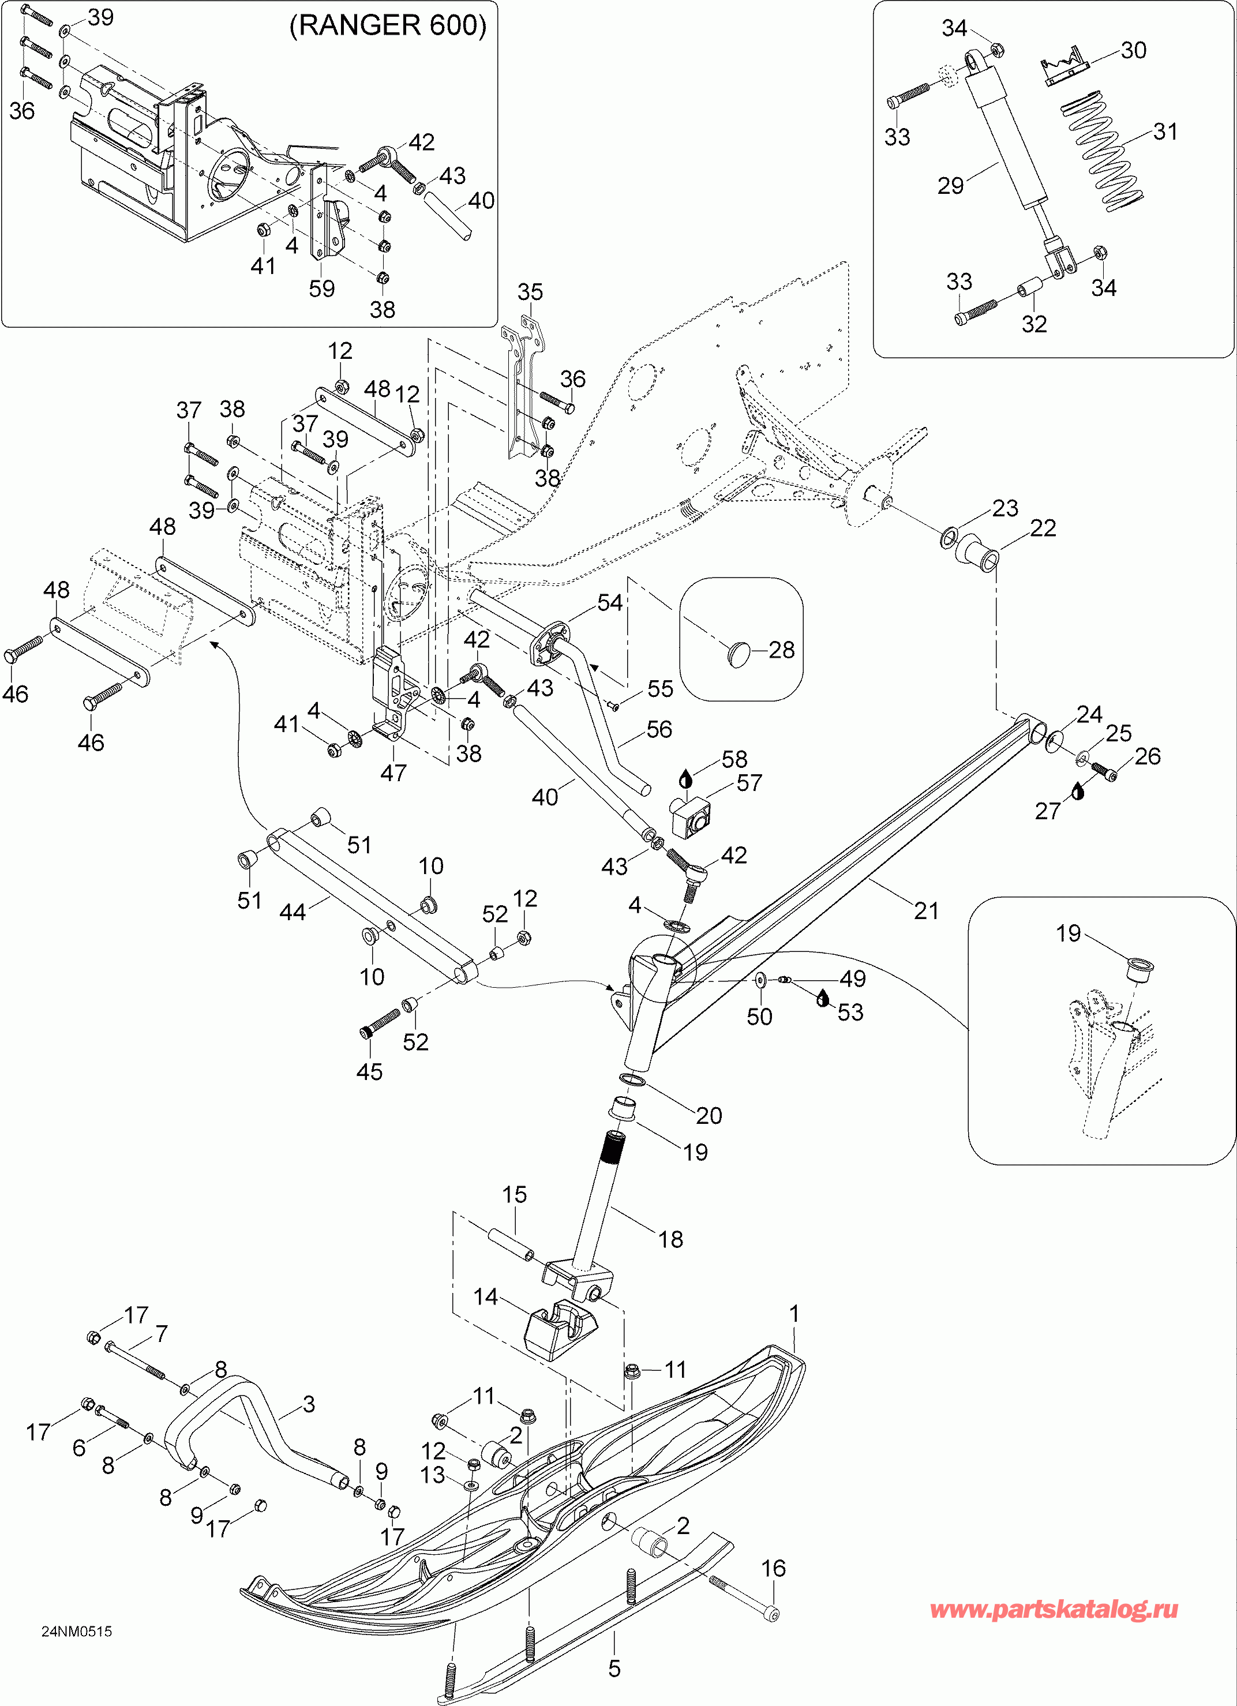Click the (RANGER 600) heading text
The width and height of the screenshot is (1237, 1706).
click(388, 25)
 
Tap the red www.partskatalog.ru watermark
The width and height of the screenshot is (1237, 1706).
click(1054, 1609)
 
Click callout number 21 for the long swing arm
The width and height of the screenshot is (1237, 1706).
click(926, 911)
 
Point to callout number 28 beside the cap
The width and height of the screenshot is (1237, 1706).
click(782, 649)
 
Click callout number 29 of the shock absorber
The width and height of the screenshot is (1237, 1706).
click(950, 185)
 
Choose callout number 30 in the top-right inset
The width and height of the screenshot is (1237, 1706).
click(1133, 50)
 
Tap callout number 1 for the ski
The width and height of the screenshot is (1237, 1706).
click(794, 1314)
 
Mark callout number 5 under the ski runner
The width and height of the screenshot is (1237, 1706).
click(614, 1668)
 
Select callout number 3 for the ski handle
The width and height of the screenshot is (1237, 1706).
click(309, 1404)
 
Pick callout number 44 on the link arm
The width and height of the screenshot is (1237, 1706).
click(293, 912)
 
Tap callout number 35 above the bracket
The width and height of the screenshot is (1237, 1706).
click(530, 292)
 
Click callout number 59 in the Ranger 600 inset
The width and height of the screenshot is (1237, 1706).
click(322, 288)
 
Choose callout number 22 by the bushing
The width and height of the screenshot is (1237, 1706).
click(1043, 528)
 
